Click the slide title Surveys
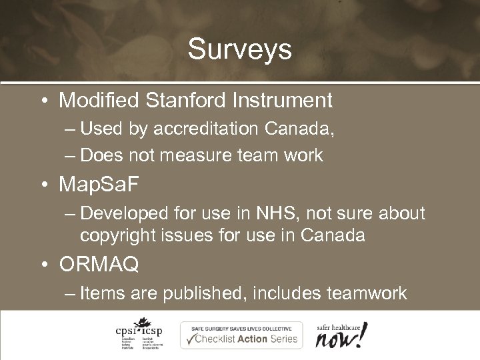[240, 49]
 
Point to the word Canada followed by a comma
[306, 129]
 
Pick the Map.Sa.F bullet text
[101, 183]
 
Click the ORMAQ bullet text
[99, 265]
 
